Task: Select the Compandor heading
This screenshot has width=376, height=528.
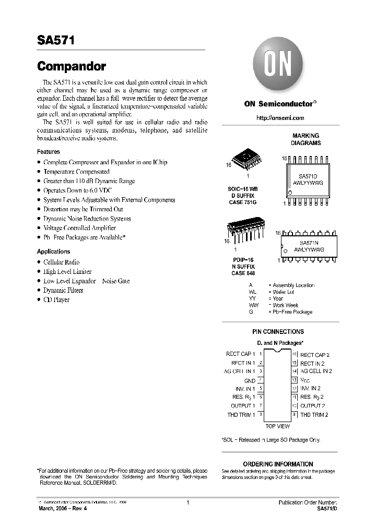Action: tap(72, 67)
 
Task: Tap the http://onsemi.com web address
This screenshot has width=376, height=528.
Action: tap(280, 118)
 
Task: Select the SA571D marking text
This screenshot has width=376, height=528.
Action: tap(308, 177)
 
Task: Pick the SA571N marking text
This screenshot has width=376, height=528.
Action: tap(308, 243)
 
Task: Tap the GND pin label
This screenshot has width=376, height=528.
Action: tap(250, 381)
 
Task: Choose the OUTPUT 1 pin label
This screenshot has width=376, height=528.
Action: tap(243, 406)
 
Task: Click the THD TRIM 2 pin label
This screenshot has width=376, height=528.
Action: tap(314, 415)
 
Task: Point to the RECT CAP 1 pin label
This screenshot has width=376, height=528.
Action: tap(240, 354)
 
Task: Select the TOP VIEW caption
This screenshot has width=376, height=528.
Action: tap(278, 426)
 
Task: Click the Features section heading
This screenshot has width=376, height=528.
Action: tap(48, 152)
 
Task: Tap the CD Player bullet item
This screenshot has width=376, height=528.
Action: tap(56, 300)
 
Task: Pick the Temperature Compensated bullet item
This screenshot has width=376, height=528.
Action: tap(76, 172)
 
